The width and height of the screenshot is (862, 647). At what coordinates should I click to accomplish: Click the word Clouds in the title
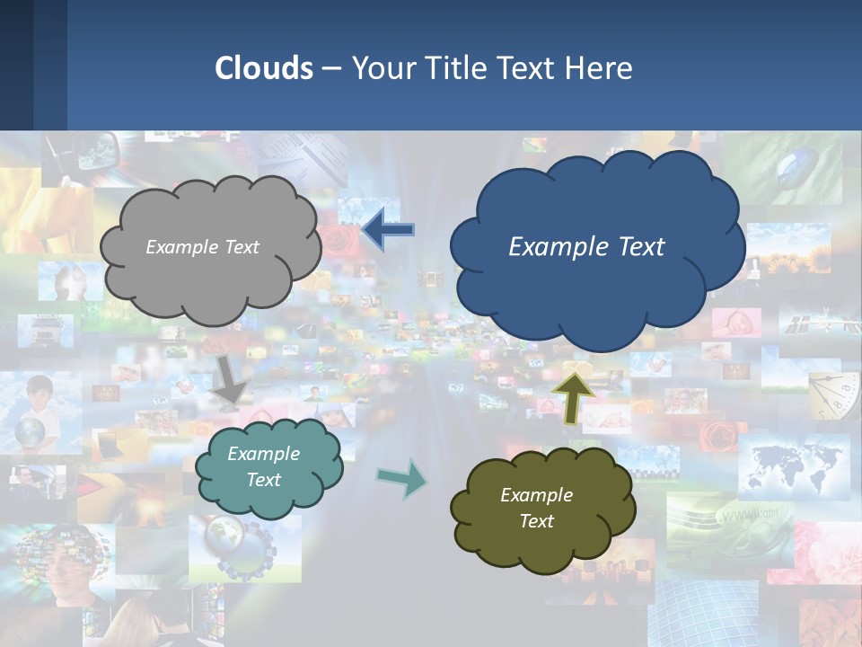pyautogui.click(x=264, y=68)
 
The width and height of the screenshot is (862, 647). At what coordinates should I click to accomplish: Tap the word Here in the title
pyautogui.click(x=601, y=68)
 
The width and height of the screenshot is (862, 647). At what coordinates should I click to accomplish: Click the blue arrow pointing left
pyautogui.click(x=388, y=230)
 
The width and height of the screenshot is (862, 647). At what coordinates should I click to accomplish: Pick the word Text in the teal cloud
pyautogui.click(x=263, y=480)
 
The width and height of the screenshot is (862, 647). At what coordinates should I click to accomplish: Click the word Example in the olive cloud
pyautogui.click(x=536, y=495)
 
